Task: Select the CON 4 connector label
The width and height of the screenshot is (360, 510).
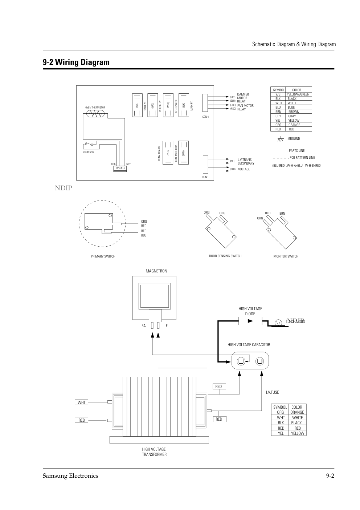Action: tap(205, 117)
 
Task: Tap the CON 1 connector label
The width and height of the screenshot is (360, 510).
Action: tap(205, 177)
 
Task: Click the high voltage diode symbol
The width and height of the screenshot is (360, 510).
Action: tap(250, 321)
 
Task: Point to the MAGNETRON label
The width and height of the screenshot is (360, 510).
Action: tap(156, 271)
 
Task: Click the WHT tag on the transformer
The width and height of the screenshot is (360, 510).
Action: tap(82, 402)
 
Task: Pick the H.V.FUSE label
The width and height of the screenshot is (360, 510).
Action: tap(272, 392)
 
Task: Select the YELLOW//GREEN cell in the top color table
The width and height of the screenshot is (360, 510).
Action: tap(298, 94)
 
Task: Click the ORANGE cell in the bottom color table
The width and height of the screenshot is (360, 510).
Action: tap(297, 412)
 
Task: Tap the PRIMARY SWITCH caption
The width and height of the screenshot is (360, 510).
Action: tap(103, 256)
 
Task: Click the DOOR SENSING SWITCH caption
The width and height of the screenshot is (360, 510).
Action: tap(225, 256)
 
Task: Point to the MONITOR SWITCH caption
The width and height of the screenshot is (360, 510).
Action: tap(286, 256)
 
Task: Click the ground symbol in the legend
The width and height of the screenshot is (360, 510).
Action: tap(280, 139)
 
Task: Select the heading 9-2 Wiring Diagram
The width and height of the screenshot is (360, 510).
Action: tap(76, 62)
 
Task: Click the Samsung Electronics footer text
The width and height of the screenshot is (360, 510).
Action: tap(70, 476)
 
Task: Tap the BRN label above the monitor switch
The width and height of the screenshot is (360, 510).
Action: tap(282, 214)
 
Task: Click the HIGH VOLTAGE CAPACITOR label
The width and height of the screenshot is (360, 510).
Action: tap(249, 345)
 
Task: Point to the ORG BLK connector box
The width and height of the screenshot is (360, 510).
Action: tap(120, 168)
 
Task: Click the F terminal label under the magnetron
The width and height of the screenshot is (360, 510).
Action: tap(167, 326)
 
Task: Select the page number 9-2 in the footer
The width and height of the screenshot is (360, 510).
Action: tap(330, 476)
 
